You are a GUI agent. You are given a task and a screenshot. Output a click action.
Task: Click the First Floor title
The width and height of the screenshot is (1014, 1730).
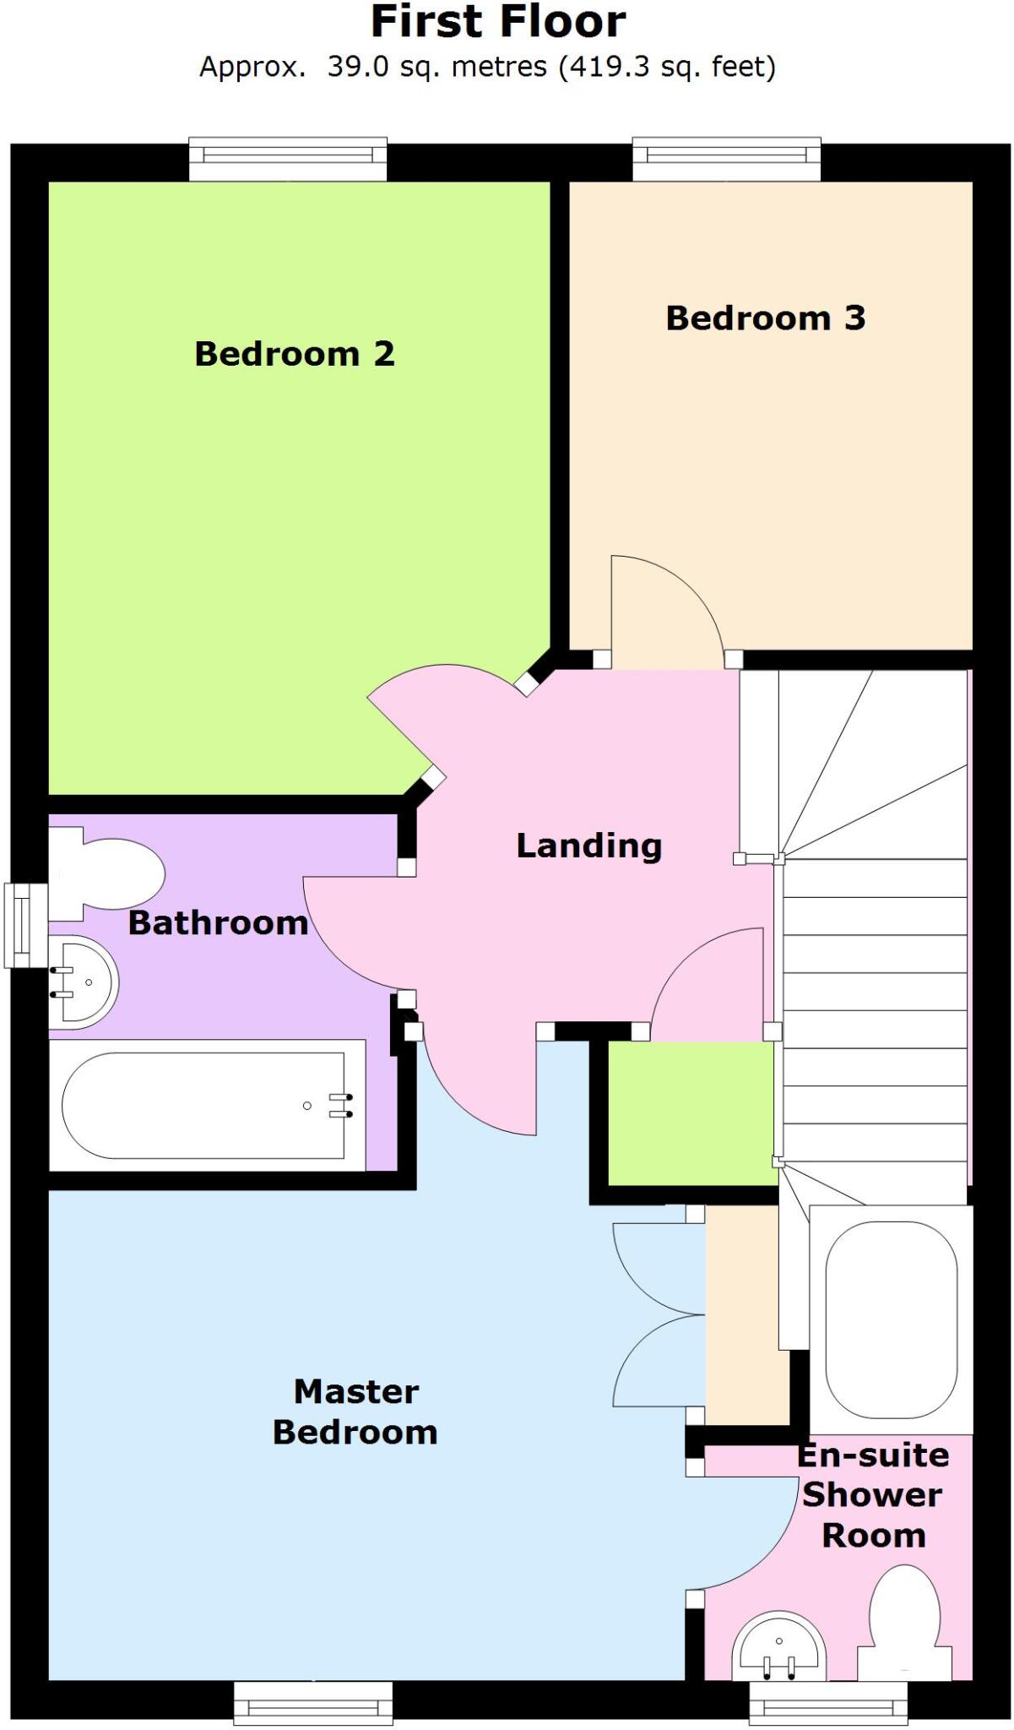point(498,23)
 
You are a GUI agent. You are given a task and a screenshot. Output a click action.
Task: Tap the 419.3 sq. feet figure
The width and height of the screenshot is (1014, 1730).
point(667,67)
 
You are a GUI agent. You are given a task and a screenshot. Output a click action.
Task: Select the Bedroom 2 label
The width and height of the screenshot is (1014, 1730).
point(295,354)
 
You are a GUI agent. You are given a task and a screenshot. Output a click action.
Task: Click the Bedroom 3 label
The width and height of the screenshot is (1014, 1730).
point(766,318)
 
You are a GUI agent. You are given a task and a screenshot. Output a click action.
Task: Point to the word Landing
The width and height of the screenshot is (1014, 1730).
point(588,846)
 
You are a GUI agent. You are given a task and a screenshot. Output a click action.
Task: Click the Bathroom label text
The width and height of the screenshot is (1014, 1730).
point(218,923)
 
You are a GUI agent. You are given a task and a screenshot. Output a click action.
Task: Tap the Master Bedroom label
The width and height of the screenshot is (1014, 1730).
point(355,1412)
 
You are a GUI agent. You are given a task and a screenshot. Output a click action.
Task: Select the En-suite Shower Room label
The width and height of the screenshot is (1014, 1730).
point(873,1494)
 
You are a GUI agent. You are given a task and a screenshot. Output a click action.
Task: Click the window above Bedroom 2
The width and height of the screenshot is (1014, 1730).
point(288,157)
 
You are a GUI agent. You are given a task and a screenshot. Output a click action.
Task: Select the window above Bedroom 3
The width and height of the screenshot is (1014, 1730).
point(726,157)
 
